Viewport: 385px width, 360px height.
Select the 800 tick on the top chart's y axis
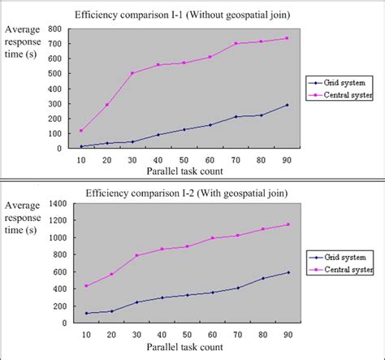click(x=55, y=29)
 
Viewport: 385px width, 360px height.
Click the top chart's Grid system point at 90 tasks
click(x=287, y=105)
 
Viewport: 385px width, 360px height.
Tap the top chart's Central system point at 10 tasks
click(x=81, y=131)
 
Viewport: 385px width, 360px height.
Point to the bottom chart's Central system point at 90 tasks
click(x=287, y=225)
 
